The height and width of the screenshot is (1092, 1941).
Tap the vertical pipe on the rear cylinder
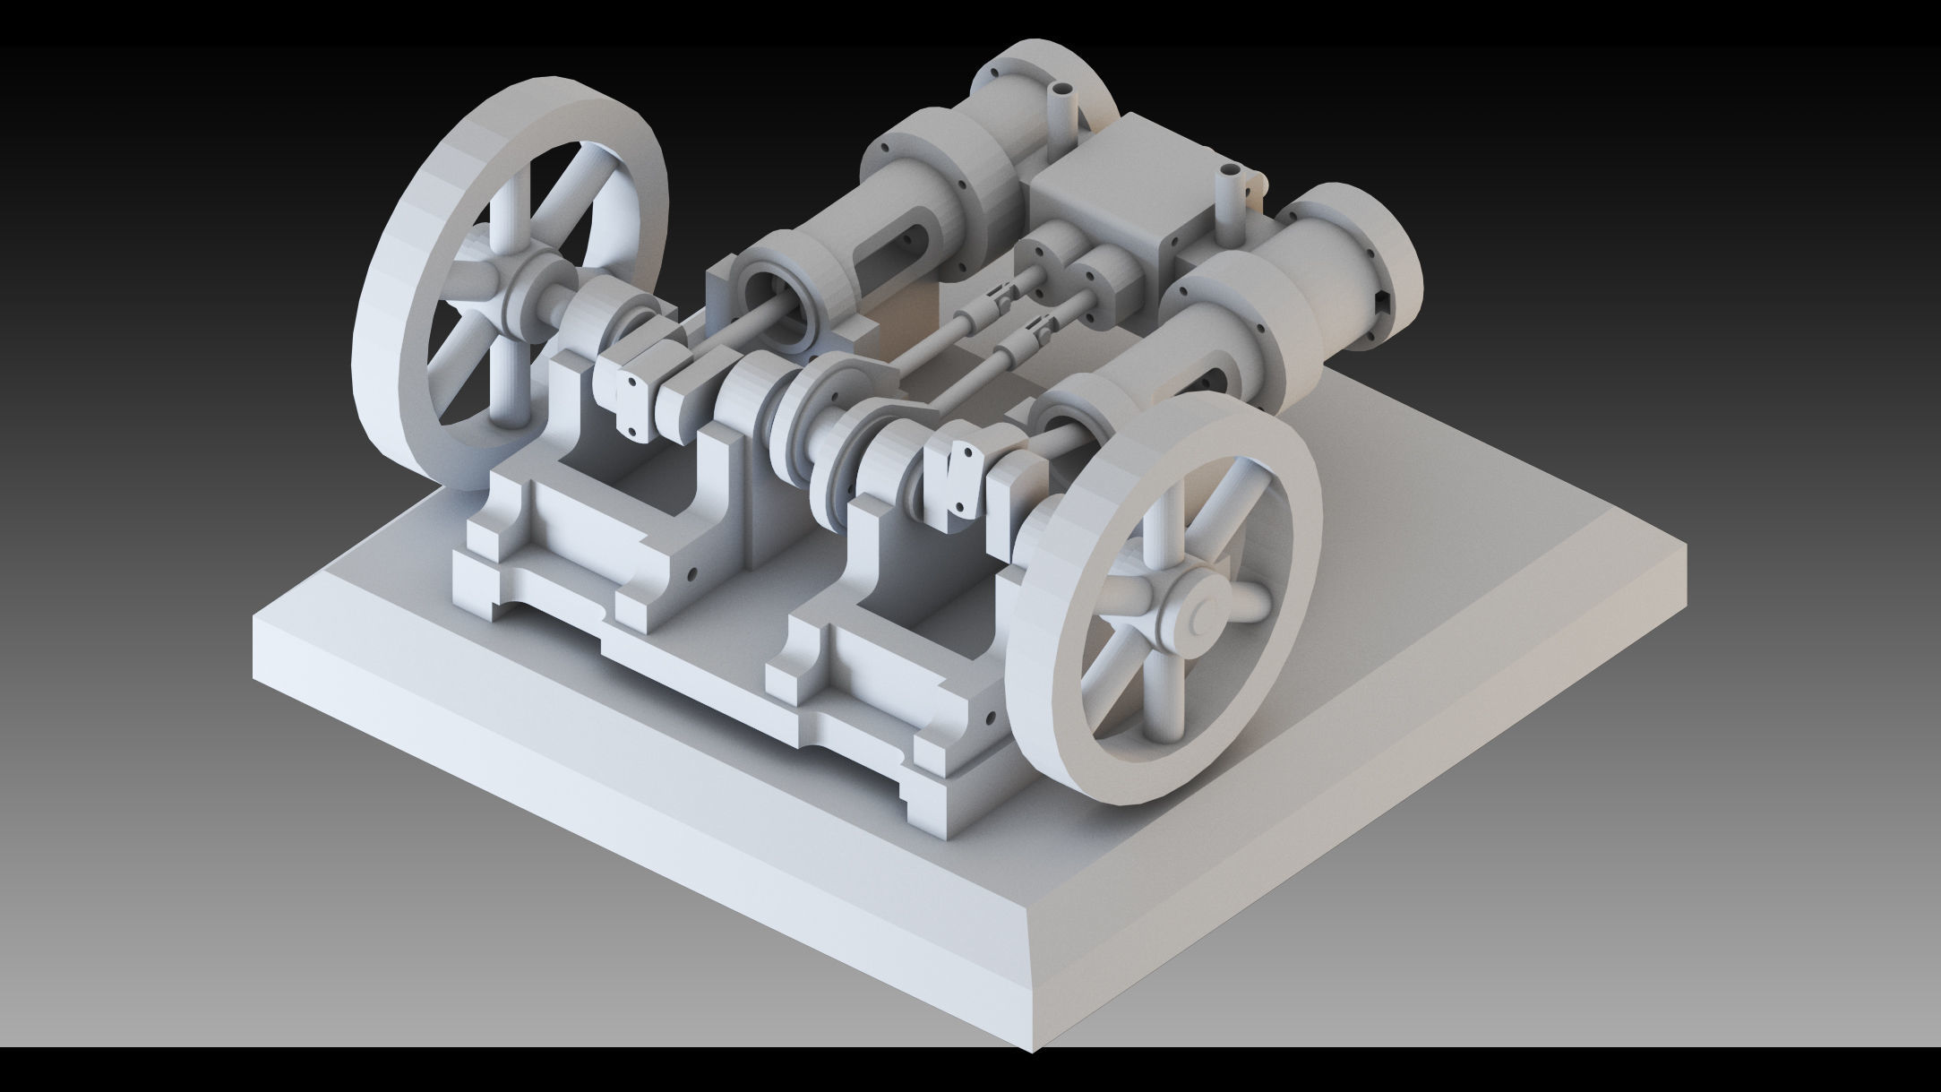coord(1064,108)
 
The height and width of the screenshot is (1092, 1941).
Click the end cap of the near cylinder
coord(1384,269)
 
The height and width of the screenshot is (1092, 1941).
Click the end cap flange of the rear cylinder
coord(1030,81)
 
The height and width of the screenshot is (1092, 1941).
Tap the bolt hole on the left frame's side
coord(691,571)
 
